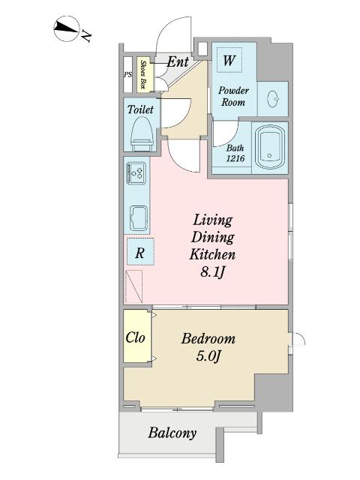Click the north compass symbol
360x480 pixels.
[x=67, y=28]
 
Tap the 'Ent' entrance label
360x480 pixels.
[x=178, y=62]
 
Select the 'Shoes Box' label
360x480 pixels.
[x=143, y=74]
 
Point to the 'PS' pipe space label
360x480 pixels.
[x=128, y=74]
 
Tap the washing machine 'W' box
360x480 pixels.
[x=229, y=60]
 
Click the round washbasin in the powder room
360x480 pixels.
[x=273, y=99]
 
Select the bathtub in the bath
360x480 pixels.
[x=270, y=147]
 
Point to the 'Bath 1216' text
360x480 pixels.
[x=235, y=153]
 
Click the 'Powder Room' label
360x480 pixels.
[x=233, y=96]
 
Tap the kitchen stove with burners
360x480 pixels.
[x=136, y=173]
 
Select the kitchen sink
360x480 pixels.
[x=139, y=218]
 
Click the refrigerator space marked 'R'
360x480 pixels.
[x=140, y=252]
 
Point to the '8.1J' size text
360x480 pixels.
[x=213, y=271]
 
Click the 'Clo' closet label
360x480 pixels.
[x=135, y=337]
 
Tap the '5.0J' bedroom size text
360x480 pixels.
[x=208, y=356]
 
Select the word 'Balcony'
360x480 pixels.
[x=172, y=433]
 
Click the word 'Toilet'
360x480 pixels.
[x=140, y=109]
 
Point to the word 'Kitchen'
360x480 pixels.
[x=212, y=254]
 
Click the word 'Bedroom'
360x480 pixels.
[x=208, y=338]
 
